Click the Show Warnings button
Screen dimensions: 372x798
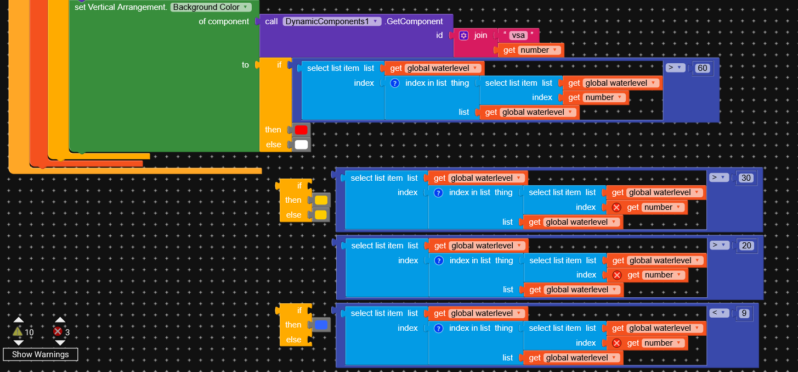coord(41,354)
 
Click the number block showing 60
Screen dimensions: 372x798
coord(702,68)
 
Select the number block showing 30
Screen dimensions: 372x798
coord(746,178)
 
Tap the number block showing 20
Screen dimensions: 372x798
coord(746,246)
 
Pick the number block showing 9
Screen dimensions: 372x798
coord(744,313)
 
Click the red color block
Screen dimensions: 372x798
coord(301,130)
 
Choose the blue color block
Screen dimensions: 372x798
coord(321,325)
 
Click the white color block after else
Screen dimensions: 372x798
coord(301,145)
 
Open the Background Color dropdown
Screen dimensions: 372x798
coord(211,7)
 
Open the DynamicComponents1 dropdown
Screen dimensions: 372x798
coord(332,21)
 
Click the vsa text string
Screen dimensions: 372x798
coord(518,35)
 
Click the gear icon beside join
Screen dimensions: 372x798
coord(463,35)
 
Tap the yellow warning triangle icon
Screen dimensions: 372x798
coord(18,331)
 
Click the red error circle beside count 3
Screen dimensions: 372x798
coord(58,331)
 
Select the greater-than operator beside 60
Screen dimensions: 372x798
coord(676,68)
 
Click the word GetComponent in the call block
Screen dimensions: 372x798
coord(414,21)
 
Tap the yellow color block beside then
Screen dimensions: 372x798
coord(321,200)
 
